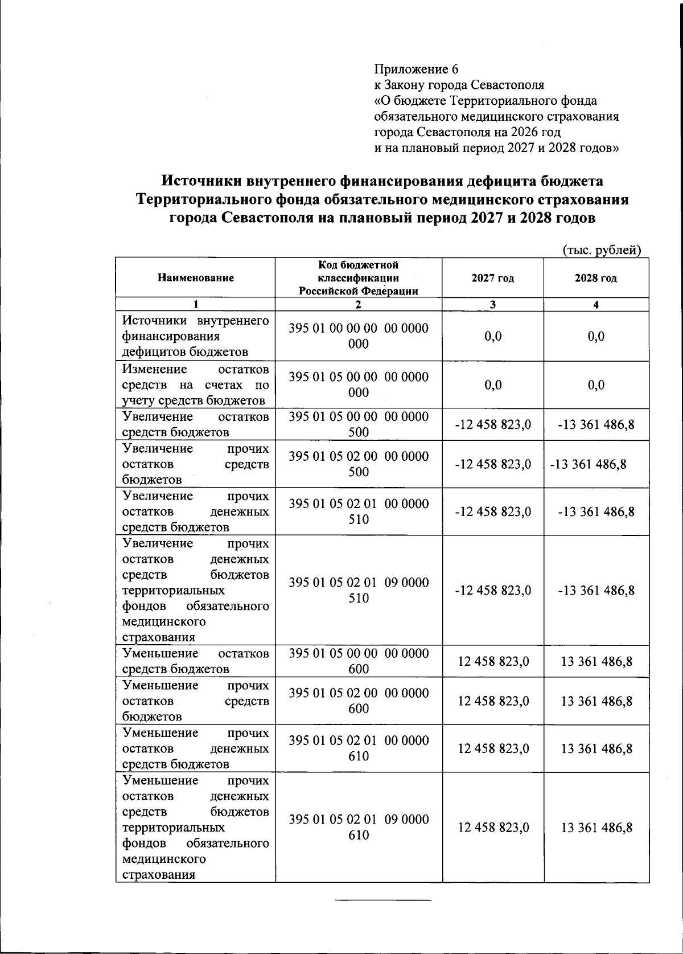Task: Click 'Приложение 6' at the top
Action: point(416,69)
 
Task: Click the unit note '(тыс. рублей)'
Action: point(602,249)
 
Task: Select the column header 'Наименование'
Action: point(196,278)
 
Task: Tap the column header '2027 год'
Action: point(492,278)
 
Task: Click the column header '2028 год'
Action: point(596,278)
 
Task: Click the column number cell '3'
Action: point(492,305)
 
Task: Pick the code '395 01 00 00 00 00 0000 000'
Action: point(359,336)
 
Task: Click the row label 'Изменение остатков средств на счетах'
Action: point(196,384)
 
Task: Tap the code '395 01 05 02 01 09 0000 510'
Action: point(359,590)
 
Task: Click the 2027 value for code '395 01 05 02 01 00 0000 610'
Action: point(493,748)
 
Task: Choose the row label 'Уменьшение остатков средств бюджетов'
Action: point(196,661)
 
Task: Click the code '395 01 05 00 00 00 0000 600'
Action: point(359,661)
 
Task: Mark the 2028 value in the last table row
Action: point(596,828)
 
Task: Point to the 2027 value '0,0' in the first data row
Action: point(493,336)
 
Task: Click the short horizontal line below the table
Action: point(383,900)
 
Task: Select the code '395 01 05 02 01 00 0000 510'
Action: point(359,511)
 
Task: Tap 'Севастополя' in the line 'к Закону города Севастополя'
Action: point(508,85)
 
